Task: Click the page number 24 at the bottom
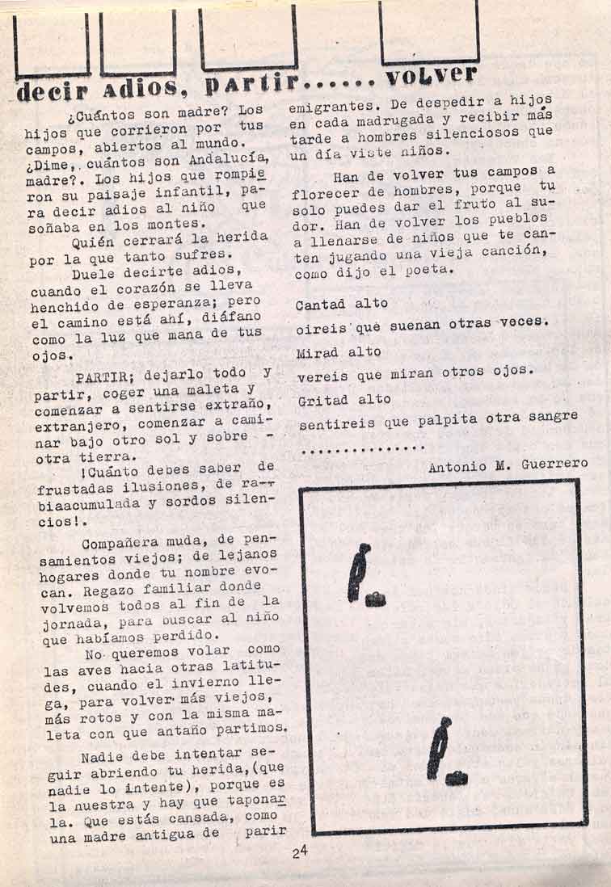click(x=301, y=851)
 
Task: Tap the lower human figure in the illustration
click(x=439, y=747)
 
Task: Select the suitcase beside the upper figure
click(x=375, y=599)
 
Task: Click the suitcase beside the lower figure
click(x=457, y=778)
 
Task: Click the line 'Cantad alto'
click(x=342, y=305)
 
